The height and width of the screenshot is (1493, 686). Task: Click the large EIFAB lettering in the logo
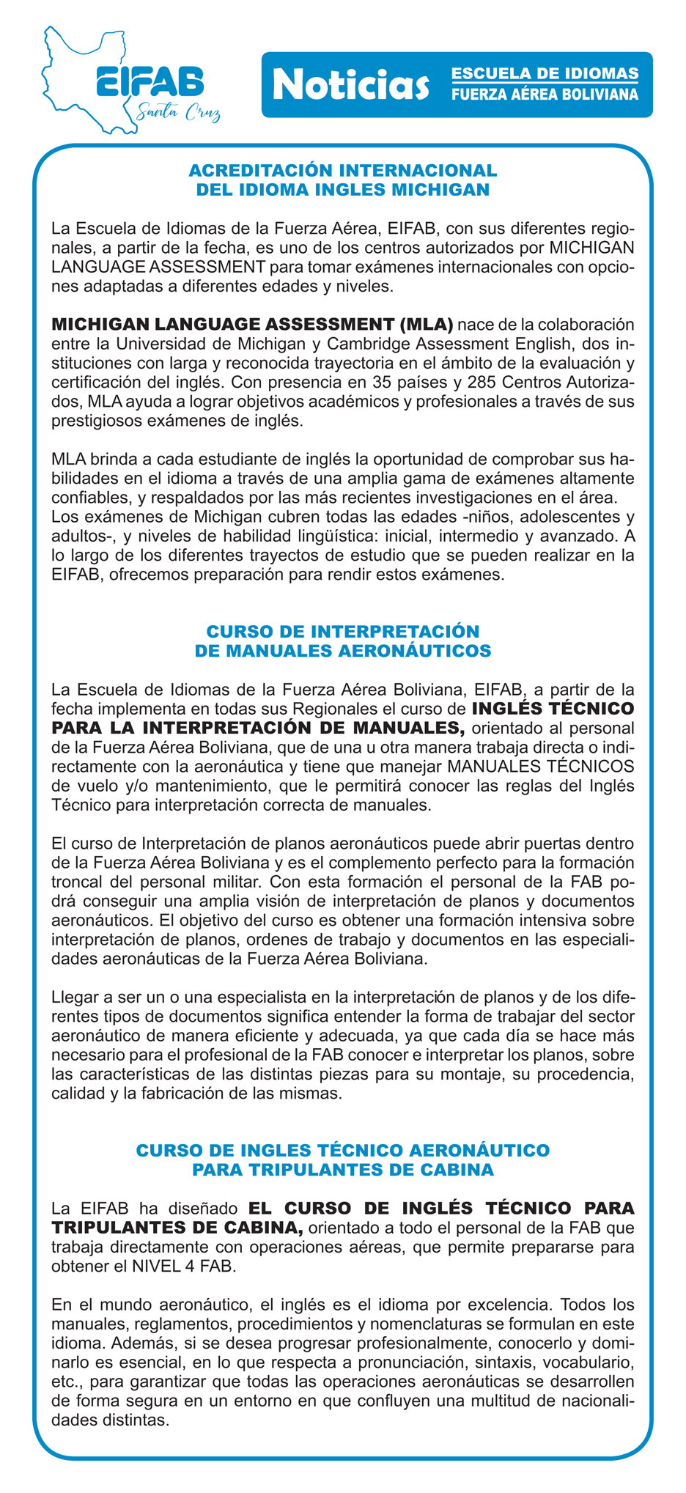[x=150, y=81]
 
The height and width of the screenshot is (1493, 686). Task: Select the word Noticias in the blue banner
[x=350, y=85]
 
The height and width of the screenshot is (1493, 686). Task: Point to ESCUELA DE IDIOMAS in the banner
[x=544, y=74]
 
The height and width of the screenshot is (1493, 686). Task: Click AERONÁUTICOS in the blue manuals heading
[x=410, y=650]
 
